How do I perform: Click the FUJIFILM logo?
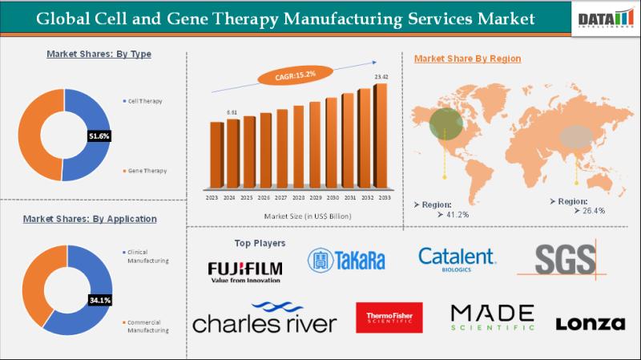point(244,270)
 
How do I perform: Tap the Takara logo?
point(346,260)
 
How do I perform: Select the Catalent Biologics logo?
point(457,259)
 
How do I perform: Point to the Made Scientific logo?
point(492,318)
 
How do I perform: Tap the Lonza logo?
point(590,323)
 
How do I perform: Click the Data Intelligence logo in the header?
point(605,18)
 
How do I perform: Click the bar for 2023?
point(215,157)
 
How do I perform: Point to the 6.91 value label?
point(232,112)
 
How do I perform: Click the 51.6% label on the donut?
point(99,136)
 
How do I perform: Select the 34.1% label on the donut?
point(99,301)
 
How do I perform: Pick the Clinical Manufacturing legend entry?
point(147,257)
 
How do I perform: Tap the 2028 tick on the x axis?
point(298,197)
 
